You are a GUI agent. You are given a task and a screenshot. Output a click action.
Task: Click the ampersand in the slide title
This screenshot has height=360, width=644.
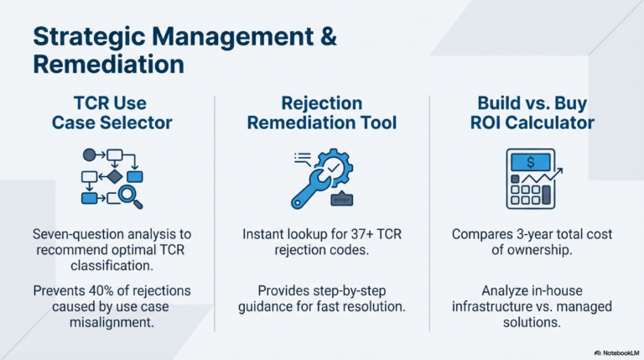pyautogui.click(x=327, y=36)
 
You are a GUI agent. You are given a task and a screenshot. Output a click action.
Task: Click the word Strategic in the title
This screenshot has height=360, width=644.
pyautogui.click(x=89, y=38)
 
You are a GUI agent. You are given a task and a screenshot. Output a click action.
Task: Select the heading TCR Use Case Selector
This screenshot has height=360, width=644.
pyautogui.click(x=112, y=112)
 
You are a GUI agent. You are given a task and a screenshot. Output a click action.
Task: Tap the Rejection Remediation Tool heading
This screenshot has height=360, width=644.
pyautogui.click(x=322, y=112)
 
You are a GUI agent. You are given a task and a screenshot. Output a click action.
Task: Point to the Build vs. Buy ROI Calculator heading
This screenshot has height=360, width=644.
pyautogui.click(x=532, y=112)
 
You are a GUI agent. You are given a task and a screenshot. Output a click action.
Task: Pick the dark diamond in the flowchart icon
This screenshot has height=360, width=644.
pyautogui.click(x=115, y=177)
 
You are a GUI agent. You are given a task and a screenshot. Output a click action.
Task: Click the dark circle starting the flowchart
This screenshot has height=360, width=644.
pyautogui.click(x=89, y=155)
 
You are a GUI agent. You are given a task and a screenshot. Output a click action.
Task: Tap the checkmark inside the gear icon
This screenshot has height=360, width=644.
pyautogui.click(x=334, y=167)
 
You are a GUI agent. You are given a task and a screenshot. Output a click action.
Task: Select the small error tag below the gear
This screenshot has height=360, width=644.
pyautogui.click(x=342, y=199)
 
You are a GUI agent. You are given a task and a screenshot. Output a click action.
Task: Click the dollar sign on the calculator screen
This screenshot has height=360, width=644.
pyautogui.click(x=531, y=163)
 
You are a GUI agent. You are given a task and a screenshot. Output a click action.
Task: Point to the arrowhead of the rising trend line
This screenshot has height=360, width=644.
pyautogui.click(x=559, y=170)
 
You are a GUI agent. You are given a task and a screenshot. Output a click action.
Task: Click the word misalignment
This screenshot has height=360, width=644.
pyautogui.click(x=112, y=322)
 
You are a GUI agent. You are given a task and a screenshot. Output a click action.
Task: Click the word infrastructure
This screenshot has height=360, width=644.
pyautogui.click(x=490, y=306)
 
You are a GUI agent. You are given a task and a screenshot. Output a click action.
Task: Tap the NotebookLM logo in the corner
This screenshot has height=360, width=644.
pyautogui.click(x=616, y=353)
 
